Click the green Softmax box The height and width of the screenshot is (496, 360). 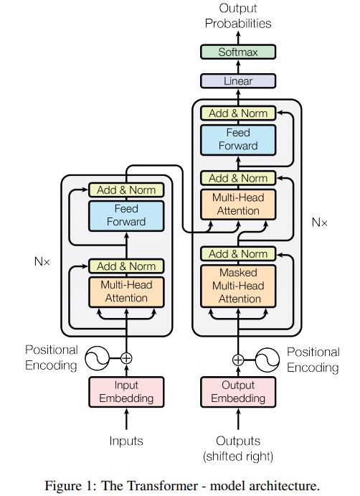[x=238, y=52]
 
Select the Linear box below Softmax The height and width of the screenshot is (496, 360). [x=238, y=81]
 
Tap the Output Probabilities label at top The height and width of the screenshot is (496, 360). [x=238, y=17]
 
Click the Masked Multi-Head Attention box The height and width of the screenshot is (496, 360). [x=238, y=286]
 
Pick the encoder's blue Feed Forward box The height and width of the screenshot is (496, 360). [x=126, y=215]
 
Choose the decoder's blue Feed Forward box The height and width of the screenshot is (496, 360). [x=238, y=139]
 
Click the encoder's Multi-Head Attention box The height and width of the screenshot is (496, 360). [x=126, y=291]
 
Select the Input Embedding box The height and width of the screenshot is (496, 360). [x=126, y=391]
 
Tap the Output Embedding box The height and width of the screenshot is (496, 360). [x=238, y=391]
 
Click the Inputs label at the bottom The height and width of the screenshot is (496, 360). [x=126, y=440]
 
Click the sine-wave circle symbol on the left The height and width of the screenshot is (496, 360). [x=97, y=357]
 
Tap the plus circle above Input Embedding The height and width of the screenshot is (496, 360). [x=126, y=357]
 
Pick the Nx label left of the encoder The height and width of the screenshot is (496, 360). [x=42, y=262]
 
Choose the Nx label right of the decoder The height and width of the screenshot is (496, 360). [x=319, y=223]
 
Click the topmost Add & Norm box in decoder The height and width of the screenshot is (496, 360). [x=238, y=113]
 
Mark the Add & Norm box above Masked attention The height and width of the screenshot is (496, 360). [x=238, y=253]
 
